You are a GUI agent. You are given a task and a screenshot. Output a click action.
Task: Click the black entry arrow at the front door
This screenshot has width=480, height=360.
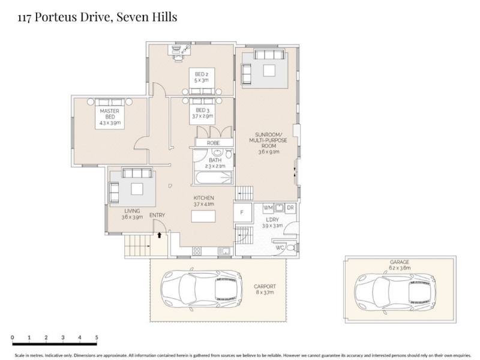[x=159, y=235]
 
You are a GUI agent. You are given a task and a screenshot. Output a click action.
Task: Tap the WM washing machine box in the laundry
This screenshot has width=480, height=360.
[x=268, y=208]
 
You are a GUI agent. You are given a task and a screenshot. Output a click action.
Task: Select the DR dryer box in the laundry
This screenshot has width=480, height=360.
[x=290, y=208]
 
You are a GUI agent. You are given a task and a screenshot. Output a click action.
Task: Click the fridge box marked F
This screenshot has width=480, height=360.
[x=242, y=212]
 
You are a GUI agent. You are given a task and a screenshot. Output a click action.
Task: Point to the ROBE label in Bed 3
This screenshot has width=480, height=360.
[x=213, y=143]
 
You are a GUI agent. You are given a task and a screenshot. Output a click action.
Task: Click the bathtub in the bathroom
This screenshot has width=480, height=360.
[x=214, y=178]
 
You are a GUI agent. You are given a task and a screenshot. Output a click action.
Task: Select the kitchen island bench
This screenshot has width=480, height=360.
[x=203, y=217]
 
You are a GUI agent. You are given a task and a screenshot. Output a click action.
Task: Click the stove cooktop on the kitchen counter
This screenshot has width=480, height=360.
[x=197, y=251]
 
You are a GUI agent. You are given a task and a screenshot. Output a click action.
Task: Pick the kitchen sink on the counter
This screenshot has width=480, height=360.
[x=224, y=251]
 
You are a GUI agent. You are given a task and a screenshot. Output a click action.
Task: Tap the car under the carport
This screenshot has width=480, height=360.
[x=202, y=289]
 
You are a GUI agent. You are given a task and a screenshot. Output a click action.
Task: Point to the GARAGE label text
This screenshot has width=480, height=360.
[x=400, y=262]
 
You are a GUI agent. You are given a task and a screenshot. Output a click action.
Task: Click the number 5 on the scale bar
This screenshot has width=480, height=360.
[x=97, y=338]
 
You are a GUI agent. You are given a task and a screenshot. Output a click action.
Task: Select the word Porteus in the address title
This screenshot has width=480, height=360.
[x=56, y=17]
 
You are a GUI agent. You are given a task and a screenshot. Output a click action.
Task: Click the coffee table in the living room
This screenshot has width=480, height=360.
[x=137, y=189]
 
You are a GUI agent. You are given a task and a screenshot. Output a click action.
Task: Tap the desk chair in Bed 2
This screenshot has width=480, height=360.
[x=178, y=57]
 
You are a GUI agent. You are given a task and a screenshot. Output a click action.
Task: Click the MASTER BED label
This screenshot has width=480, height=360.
[x=110, y=114]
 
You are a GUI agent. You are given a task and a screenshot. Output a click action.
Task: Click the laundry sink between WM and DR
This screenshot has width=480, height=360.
[x=279, y=208]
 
